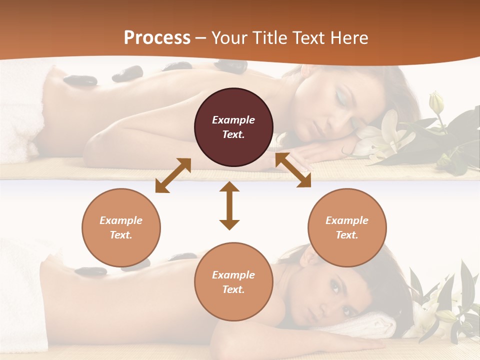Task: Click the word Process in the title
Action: point(157,38)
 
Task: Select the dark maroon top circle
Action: point(233,127)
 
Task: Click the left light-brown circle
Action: point(121,227)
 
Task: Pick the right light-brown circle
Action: point(347,227)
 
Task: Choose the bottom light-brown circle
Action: point(233,281)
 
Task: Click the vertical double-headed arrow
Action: point(229,205)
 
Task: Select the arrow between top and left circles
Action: point(173,175)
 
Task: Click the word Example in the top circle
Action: point(233,120)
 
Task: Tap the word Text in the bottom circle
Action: point(233,289)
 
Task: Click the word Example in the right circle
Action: point(347,220)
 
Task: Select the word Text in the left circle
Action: point(121,235)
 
